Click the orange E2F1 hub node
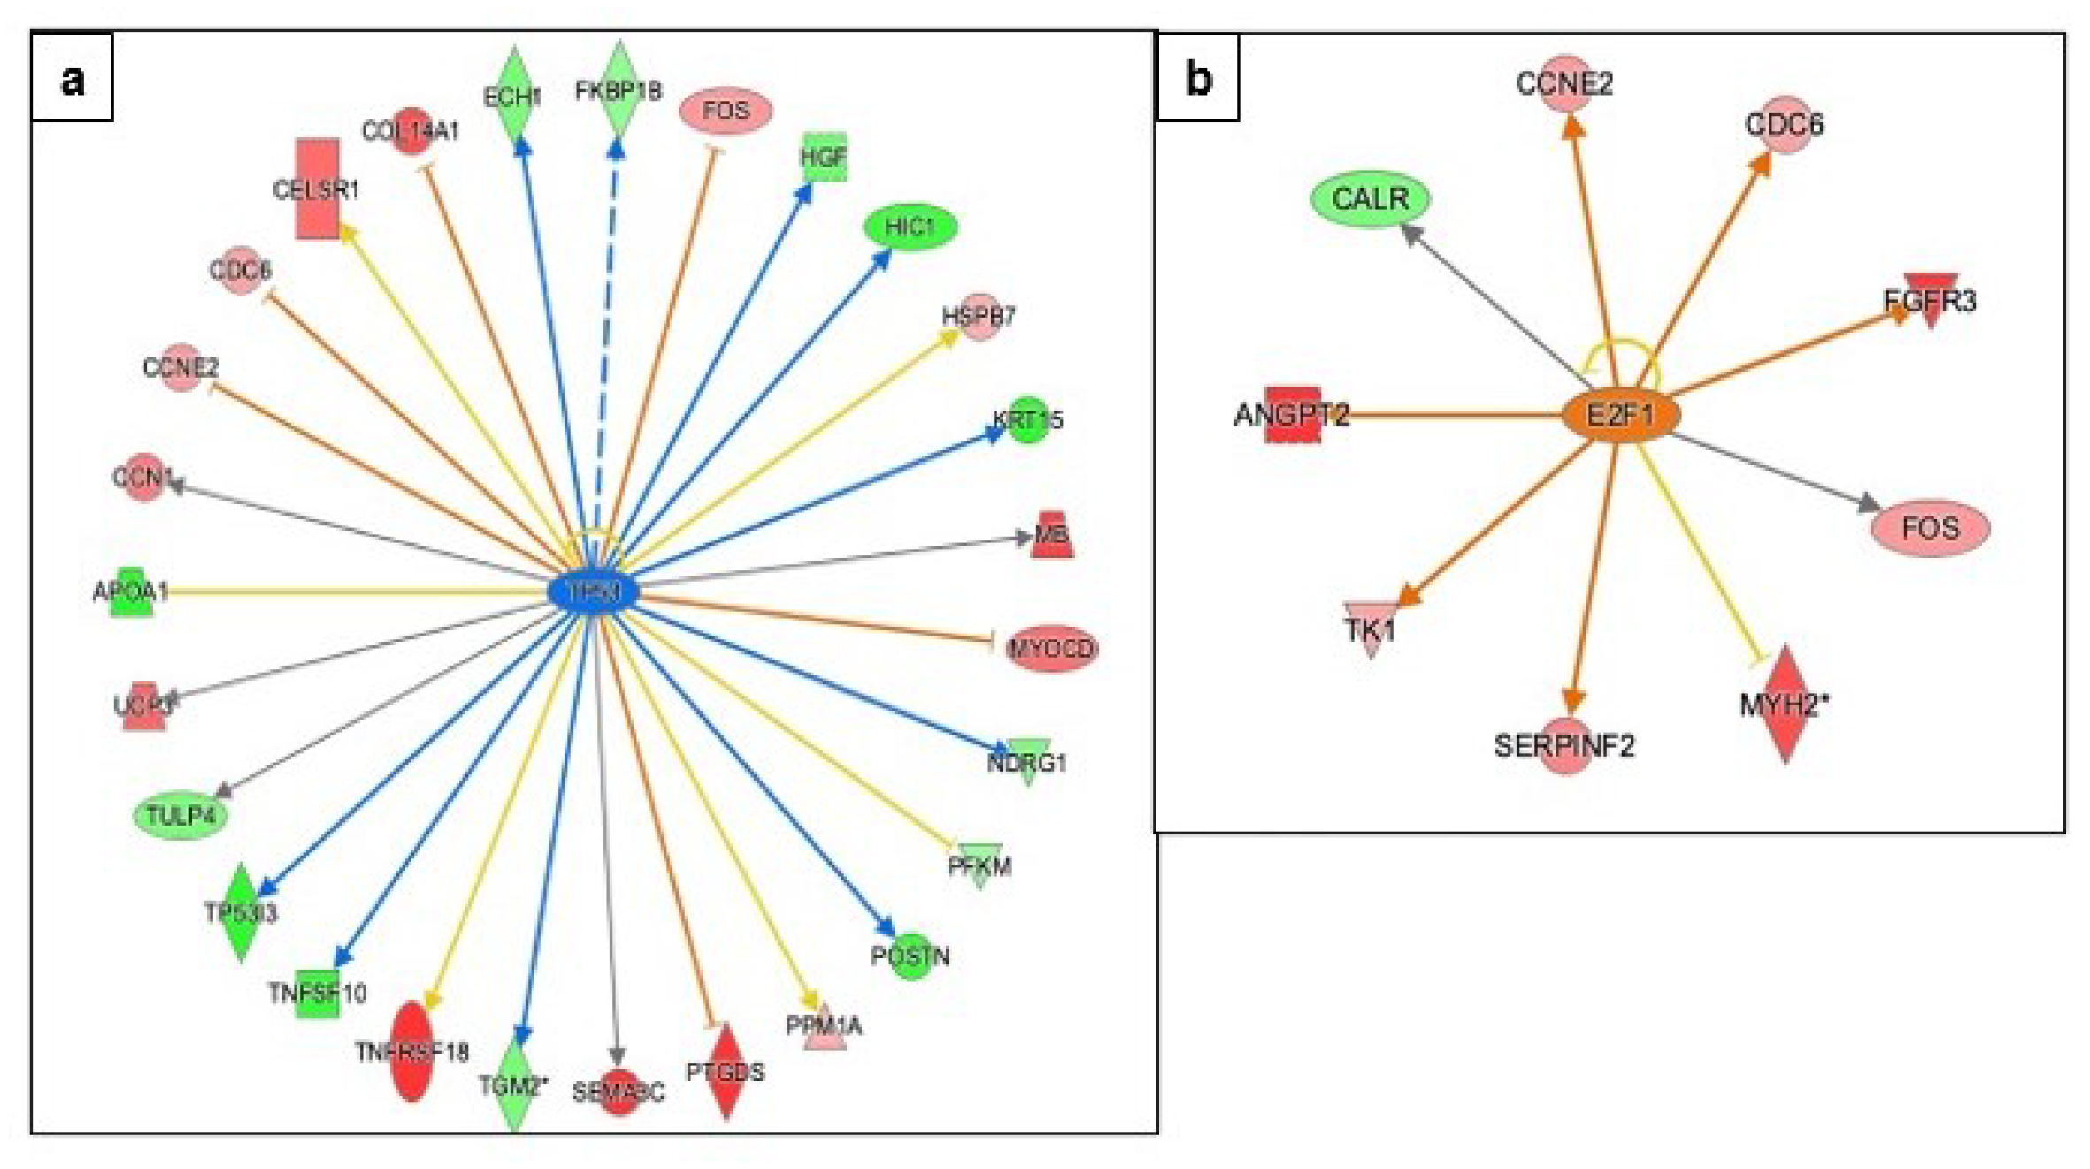click(1619, 415)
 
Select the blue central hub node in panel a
click(592, 592)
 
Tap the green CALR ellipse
click(1370, 199)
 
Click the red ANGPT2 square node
click(1293, 414)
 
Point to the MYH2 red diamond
click(1785, 704)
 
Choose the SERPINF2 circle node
click(1565, 747)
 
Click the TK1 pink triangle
click(1371, 629)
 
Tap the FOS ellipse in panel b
click(1930, 528)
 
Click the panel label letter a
click(73, 79)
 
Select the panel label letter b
click(1198, 79)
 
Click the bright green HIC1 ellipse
click(911, 227)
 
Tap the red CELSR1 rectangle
click(317, 188)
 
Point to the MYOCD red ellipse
click(1051, 649)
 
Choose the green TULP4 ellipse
click(181, 815)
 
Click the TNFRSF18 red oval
click(411, 1051)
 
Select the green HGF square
click(824, 158)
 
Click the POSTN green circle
click(911, 957)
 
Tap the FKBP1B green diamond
click(619, 90)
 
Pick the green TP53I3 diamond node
click(241, 912)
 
